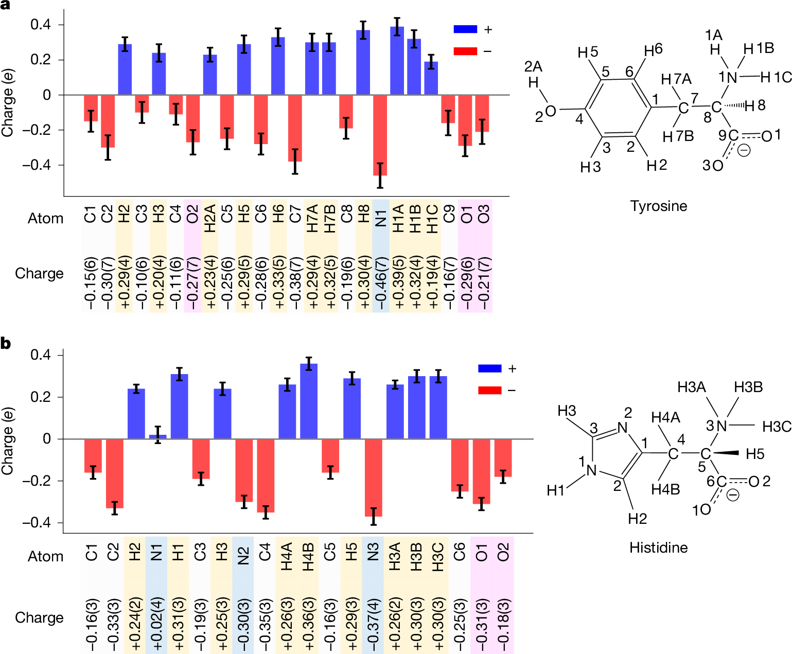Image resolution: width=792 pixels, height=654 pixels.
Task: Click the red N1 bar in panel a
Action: pos(380,135)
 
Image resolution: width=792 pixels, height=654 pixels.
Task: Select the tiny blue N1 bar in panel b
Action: pos(158,436)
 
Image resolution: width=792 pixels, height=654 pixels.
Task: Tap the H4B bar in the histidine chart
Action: pos(309,401)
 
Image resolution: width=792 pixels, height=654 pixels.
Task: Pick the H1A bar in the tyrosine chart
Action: pos(397,61)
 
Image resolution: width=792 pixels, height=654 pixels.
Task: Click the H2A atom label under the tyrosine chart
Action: pos(210,218)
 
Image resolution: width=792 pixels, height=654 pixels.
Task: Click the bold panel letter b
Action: pos(6,343)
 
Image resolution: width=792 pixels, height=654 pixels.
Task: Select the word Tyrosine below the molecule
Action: pos(659,206)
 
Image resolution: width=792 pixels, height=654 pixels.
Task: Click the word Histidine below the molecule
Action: pos(658,547)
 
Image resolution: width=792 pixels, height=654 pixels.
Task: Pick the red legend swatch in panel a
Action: pos(465,51)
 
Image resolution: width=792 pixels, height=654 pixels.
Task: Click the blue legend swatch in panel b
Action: pos(489,368)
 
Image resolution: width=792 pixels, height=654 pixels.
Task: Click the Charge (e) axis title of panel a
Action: pos(7,103)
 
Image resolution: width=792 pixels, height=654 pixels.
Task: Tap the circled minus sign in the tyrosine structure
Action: pos(744,150)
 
